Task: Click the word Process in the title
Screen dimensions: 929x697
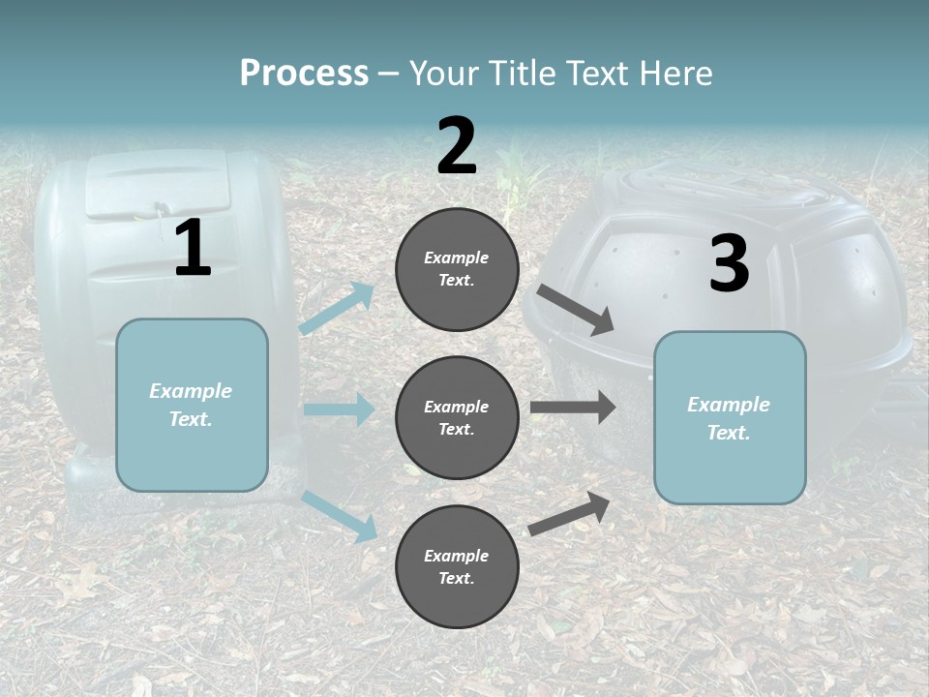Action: (304, 74)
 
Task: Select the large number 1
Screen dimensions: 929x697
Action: (193, 249)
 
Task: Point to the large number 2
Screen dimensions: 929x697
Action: (457, 146)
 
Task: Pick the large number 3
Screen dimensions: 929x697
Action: (729, 263)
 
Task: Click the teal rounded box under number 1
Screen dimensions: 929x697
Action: (192, 405)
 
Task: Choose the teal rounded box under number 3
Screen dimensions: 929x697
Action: (730, 417)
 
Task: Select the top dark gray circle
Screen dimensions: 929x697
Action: (457, 269)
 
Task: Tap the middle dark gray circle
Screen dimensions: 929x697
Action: (457, 417)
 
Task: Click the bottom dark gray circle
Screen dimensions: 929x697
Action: (457, 566)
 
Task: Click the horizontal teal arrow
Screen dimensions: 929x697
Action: (339, 409)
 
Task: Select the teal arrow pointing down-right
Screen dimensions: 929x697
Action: (340, 515)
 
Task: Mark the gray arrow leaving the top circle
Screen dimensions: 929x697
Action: (575, 310)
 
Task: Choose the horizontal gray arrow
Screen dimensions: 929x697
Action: (573, 407)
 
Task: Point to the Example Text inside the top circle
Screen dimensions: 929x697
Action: (457, 269)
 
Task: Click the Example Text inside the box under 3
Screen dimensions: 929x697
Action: (729, 418)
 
